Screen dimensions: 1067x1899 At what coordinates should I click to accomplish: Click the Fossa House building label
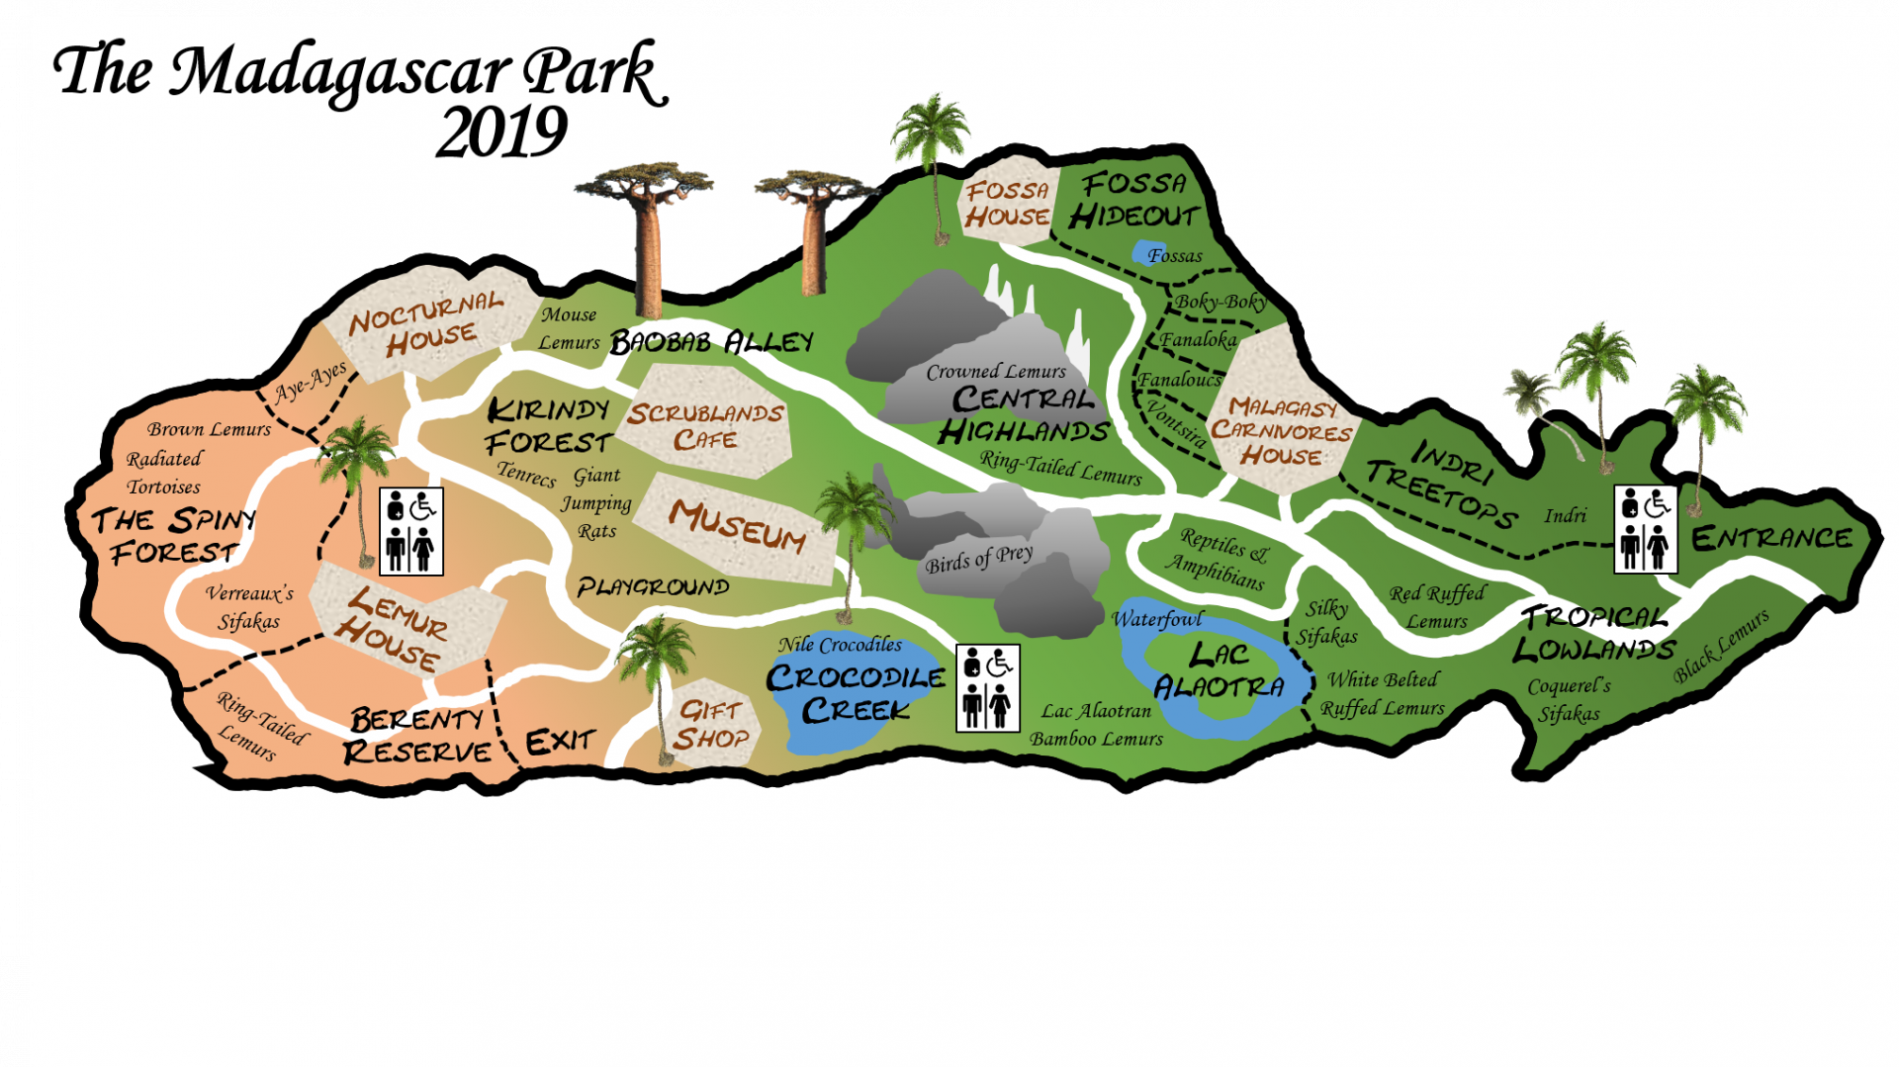click(1007, 204)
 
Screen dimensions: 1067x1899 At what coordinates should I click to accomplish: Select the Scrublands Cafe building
click(704, 425)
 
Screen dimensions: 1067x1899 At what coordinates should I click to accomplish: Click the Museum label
click(738, 524)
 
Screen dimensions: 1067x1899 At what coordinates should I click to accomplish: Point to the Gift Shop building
click(711, 724)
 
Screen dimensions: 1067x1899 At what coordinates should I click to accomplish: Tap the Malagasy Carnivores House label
click(1281, 431)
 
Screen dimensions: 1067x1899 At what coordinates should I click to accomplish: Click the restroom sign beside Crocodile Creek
click(987, 688)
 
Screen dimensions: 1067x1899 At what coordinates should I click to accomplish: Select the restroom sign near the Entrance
click(1645, 529)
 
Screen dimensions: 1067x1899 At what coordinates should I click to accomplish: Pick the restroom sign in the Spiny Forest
click(411, 531)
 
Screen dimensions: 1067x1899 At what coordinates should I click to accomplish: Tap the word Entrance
click(1771, 538)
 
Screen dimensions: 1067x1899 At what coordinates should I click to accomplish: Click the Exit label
click(560, 742)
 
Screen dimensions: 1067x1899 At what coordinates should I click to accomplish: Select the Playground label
click(653, 587)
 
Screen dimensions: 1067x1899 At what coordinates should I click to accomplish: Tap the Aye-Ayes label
click(311, 382)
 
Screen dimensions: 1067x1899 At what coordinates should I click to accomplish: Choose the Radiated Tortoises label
click(164, 473)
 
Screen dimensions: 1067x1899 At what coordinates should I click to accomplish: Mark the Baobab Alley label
click(711, 342)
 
